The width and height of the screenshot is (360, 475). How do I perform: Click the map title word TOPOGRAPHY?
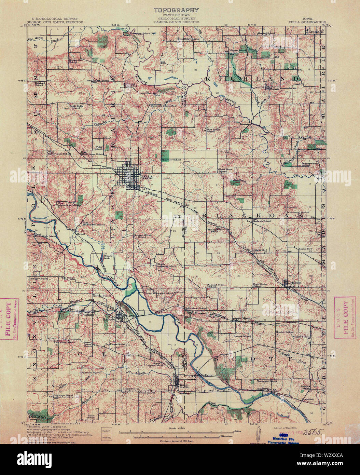point(176,11)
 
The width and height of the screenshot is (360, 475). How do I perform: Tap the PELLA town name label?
point(146,177)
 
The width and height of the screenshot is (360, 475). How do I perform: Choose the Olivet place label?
point(246,318)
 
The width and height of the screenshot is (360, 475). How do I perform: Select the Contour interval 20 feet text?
point(176,441)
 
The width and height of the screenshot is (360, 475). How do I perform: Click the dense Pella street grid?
point(127,176)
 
